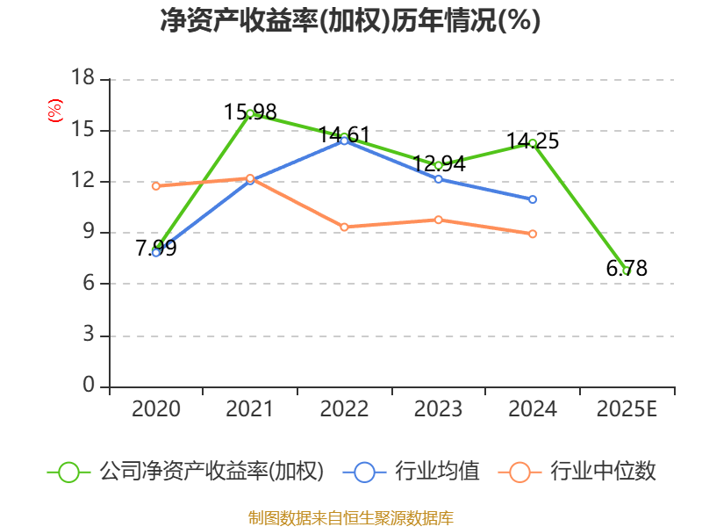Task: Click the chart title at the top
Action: point(350,21)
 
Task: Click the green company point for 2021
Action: point(250,113)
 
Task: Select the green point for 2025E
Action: point(627,271)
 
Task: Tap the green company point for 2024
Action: point(533,143)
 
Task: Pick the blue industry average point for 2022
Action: point(344,141)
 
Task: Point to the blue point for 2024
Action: point(533,199)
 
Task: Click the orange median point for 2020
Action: point(156,186)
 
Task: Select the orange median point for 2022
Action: point(344,227)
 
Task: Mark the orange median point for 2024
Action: point(533,234)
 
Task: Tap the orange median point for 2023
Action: point(439,220)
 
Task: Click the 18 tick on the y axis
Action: point(82,79)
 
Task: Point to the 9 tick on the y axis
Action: point(89,233)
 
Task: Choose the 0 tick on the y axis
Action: point(89,386)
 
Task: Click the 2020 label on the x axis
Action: point(156,409)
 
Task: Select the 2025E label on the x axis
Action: point(627,409)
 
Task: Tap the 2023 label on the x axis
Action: point(439,409)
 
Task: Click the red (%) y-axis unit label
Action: point(55,112)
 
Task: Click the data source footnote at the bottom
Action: point(350,517)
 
